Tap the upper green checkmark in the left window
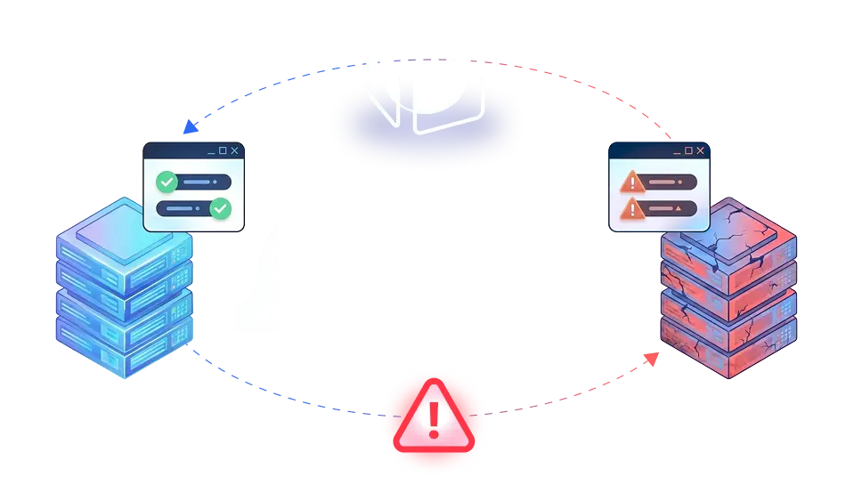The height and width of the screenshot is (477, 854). [x=167, y=182]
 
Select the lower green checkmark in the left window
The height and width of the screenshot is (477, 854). [x=220, y=209]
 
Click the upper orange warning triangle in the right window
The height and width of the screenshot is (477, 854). [x=631, y=182]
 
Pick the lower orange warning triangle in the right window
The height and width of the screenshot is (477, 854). [x=631, y=209]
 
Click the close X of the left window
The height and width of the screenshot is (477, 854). [x=234, y=150]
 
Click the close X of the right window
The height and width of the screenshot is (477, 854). [x=700, y=151]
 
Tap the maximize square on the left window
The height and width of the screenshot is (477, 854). [x=223, y=150]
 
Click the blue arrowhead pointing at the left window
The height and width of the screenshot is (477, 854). [x=186, y=131]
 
